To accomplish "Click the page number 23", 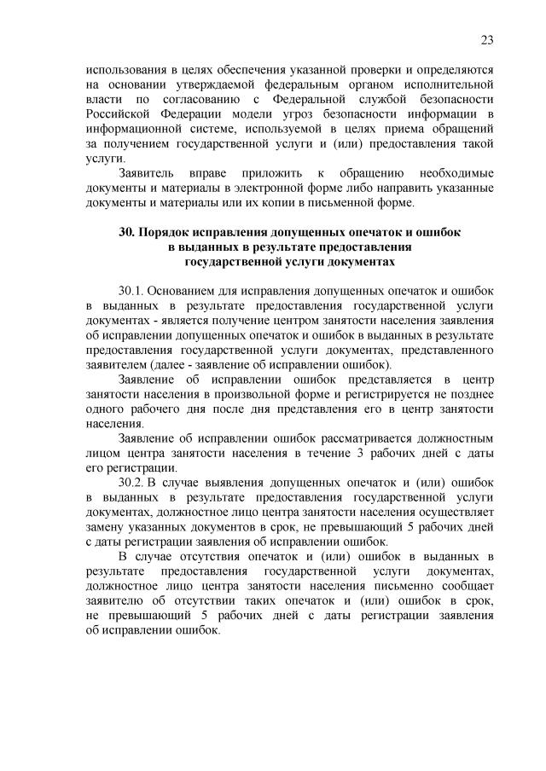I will (487, 40).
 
